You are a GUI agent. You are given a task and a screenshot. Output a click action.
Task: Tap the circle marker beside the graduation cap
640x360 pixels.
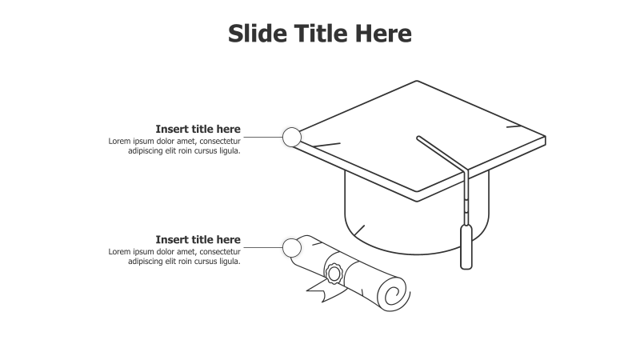point(292,137)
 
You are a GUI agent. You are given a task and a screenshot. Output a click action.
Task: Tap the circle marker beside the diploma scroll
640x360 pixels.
point(292,248)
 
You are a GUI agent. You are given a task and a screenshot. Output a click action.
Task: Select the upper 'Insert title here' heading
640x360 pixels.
point(198,129)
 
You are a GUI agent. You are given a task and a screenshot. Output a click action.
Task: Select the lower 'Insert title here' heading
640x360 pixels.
point(198,239)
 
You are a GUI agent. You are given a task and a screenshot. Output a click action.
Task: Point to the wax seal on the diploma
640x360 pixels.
point(334,273)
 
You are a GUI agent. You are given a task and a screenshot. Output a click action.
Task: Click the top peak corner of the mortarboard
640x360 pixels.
point(417,82)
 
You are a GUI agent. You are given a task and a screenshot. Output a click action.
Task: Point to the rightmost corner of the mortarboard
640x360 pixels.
point(546,138)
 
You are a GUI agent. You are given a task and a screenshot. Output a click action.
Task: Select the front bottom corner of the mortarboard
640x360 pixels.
point(417,198)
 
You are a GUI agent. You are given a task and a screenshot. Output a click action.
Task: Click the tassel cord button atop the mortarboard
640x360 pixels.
point(418,138)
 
